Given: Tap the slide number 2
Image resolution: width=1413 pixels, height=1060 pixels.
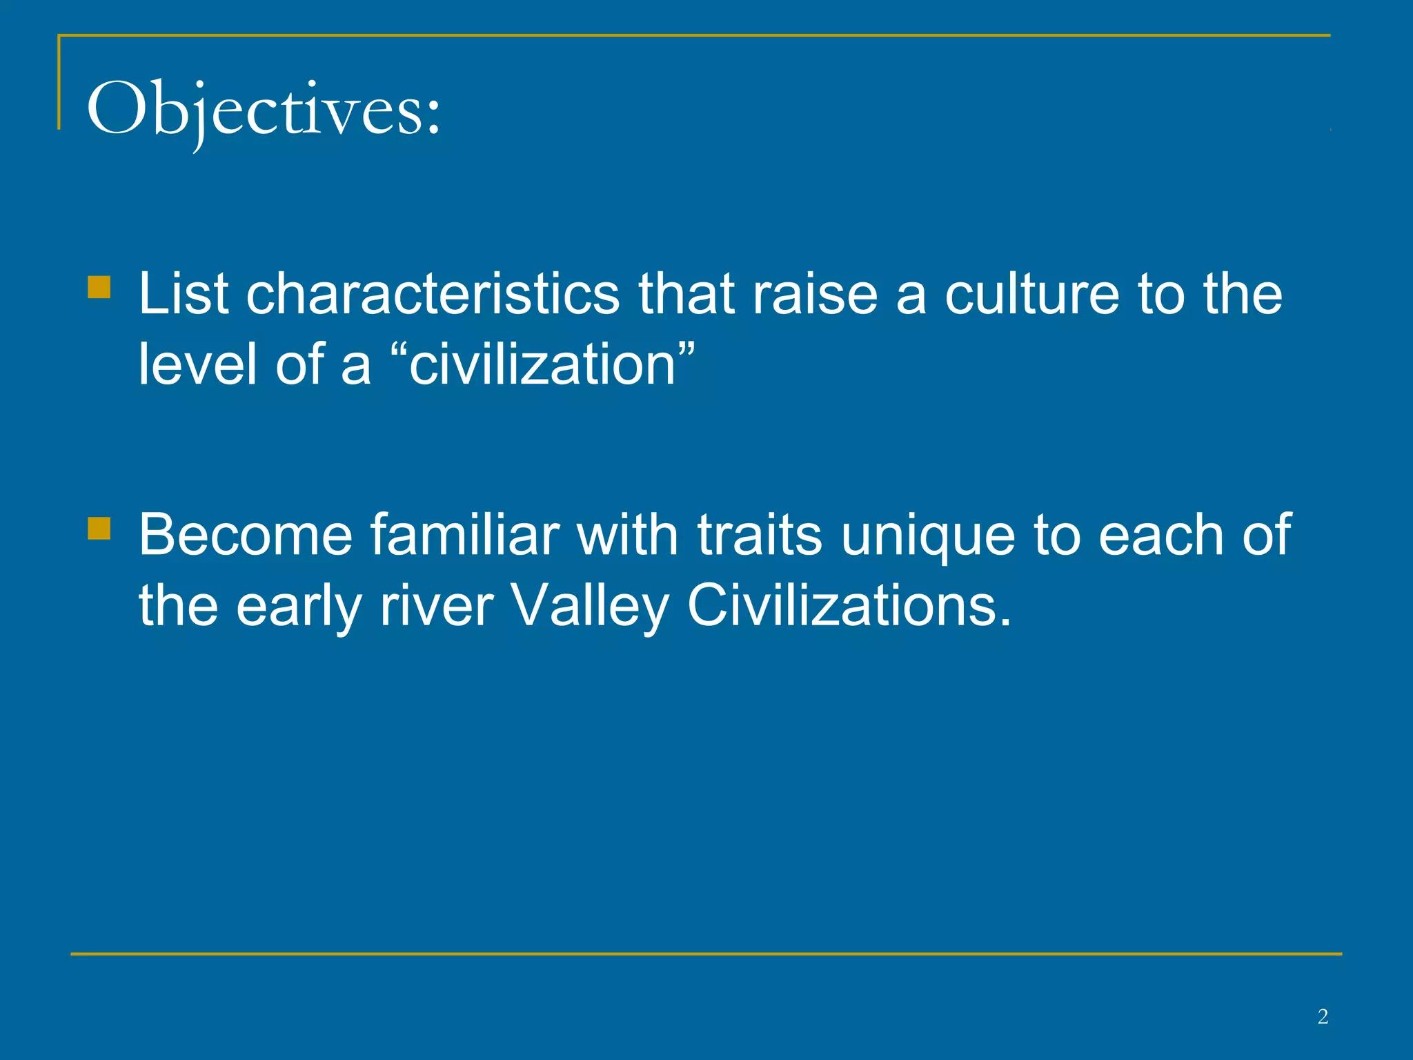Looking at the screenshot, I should tap(1323, 1016).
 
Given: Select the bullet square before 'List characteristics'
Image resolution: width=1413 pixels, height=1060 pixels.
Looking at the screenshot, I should tap(99, 287).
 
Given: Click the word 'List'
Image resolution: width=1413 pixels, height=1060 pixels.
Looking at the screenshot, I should tap(183, 294).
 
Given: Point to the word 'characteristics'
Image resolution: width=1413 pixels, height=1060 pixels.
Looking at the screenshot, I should tap(433, 294).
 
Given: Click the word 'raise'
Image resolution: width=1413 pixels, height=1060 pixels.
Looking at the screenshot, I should tap(815, 294).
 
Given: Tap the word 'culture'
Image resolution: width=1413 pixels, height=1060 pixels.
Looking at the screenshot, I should tap(1031, 294).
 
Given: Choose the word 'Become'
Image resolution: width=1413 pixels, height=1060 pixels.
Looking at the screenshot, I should tap(245, 535).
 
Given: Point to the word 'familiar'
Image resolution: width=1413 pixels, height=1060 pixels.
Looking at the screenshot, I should tap(464, 535).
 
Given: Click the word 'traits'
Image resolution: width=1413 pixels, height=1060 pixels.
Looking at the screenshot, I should tap(760, 535).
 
